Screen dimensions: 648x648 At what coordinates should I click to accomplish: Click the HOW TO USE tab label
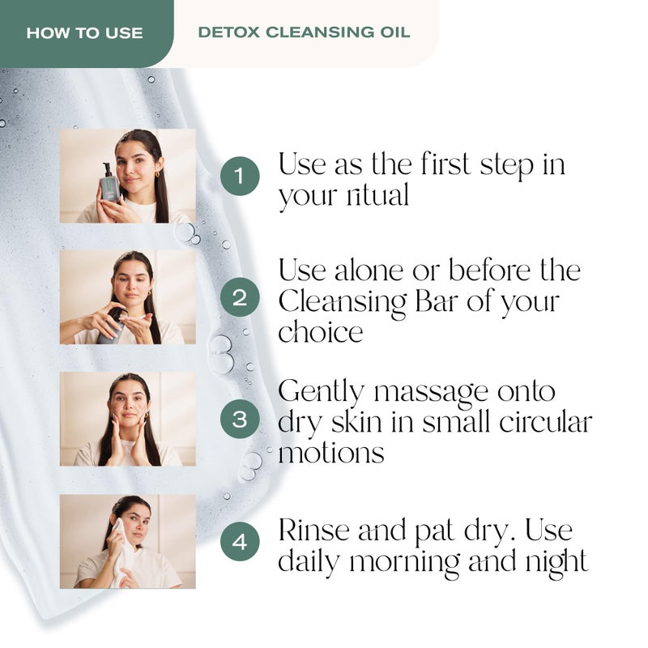tap(84, 33)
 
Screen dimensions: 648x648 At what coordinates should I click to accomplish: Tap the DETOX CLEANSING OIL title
tap(304, 33)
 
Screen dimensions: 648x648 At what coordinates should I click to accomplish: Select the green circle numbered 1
tap(240, 176)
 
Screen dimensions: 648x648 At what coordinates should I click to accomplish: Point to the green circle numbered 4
tap(240, 541)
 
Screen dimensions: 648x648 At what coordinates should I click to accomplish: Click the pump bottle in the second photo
tap(115, 324)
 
